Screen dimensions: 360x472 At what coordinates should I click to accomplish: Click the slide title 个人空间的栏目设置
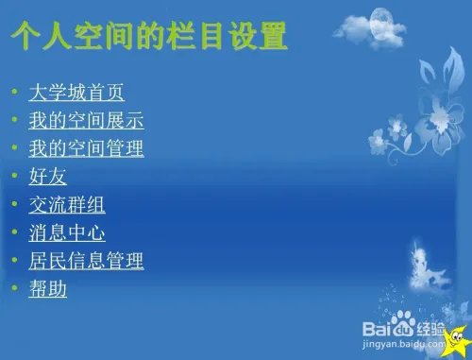pos(147,37)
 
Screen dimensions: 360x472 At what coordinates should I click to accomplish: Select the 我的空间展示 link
pos(86,122)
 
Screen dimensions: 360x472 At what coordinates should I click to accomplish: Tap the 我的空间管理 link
pos(86,149)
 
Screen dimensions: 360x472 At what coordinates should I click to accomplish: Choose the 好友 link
pos(47,177)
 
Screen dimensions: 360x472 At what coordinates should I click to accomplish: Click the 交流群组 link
pos(67,204)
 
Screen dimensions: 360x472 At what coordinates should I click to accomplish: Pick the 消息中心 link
pos(67,231)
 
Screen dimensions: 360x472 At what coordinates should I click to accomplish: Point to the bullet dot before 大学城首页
pos(14,94)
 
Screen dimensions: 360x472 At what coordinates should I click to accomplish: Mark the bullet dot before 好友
pos(14,177)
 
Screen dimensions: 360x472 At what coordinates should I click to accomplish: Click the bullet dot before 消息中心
pos(14,231)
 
